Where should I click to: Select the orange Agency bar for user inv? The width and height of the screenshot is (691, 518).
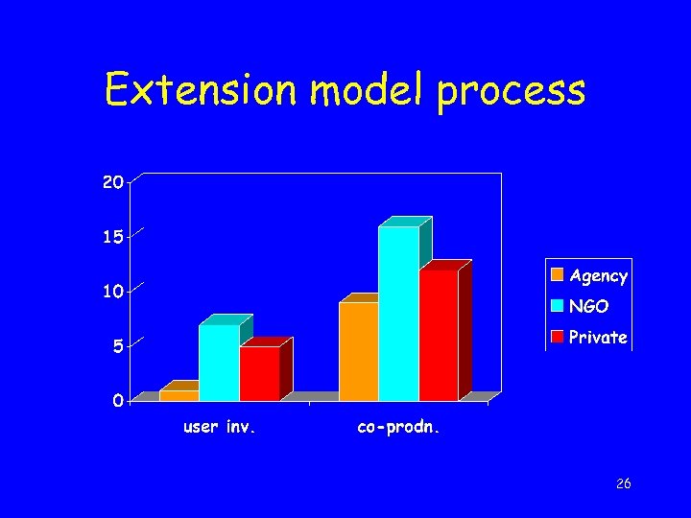pyautogui.click(x=179, y=395)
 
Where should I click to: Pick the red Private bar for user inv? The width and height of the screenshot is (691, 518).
pyautogui.click(x=259, y=373)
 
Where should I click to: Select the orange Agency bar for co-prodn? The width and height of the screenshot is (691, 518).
pyautogui.click(x=358, y=351)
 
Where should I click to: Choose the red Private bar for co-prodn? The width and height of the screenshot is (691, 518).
pyautogui.click(x=439, y=335)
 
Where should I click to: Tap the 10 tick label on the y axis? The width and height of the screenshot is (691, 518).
pyautogui.click(x=113, y=292)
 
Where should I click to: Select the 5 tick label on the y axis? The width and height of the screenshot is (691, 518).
pyautogui.click(x=117, y=346)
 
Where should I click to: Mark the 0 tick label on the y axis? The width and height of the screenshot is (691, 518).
pyautogui.click(x=117, y=401)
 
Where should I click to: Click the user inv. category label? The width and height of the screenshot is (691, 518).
pyautogui.click(x=220, y=428)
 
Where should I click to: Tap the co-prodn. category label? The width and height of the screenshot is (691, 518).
pyautogui.click(x=398, y=428)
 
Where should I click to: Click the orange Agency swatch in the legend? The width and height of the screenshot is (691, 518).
pyautogui.click(x=558, y=275)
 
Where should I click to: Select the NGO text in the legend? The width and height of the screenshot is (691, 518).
pyautogui.click(x=587, y=307)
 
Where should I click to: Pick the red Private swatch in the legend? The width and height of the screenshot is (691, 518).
pyautogui.click(x=558, y=337)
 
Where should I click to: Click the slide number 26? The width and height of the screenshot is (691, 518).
pyautogui.click(x=623, y=483)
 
